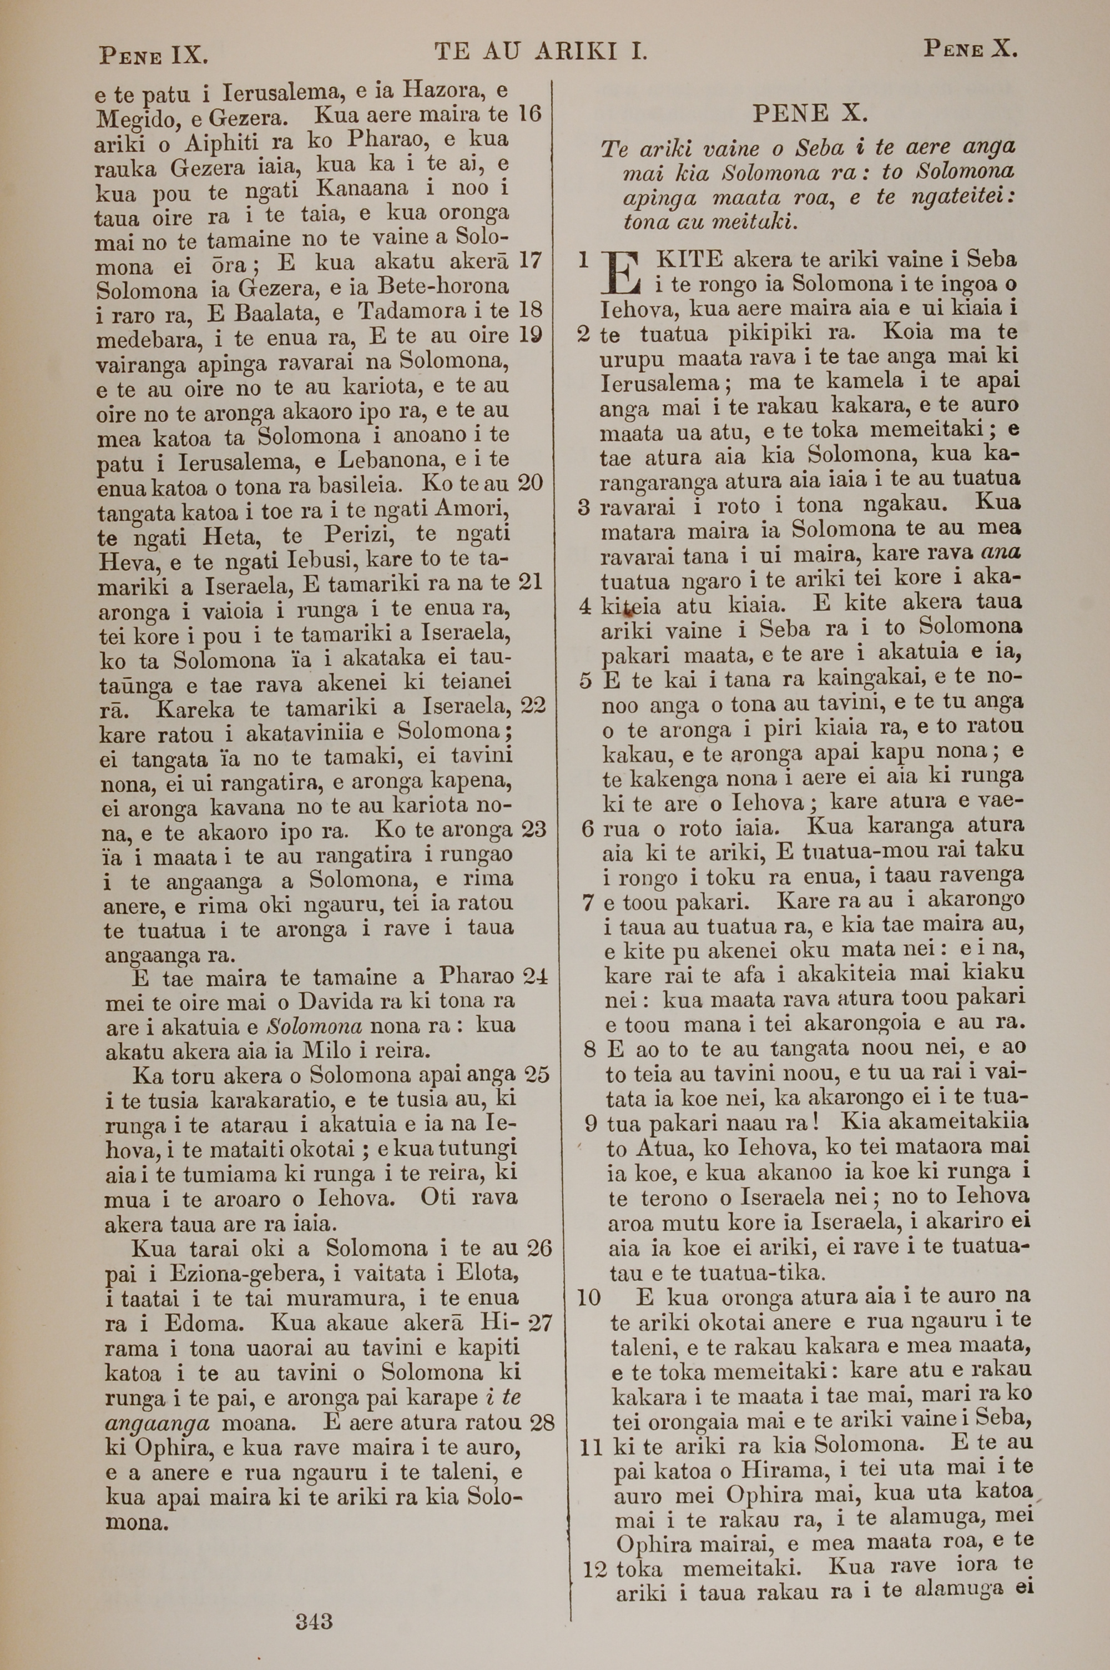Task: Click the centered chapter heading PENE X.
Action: tap(810, 113)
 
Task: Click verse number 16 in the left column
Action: tap(530, 113)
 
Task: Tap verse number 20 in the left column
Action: tap(530, 484)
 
